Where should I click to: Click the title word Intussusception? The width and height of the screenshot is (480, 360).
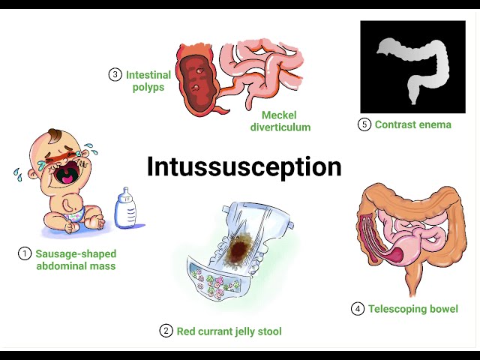pos(244,166)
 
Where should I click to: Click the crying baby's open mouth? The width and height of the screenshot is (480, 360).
pos(67,175)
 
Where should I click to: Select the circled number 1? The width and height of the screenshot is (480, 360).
pos(25,253)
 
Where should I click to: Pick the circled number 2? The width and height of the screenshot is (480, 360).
pos(166,331)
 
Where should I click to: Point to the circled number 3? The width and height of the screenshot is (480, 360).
pos(115,74)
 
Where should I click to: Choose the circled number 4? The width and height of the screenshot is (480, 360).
pos(357,309)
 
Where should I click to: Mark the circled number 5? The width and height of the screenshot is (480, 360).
pos(364,124)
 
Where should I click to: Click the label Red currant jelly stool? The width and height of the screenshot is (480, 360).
pos(229,331)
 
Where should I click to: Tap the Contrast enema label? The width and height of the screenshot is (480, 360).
pos(412,124)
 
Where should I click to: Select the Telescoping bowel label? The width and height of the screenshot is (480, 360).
pos(412,309)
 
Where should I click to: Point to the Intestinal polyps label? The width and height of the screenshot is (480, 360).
pos(148,81)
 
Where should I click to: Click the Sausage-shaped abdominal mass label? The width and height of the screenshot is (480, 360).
pos(76,259)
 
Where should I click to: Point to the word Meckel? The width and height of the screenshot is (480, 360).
pos(279,115)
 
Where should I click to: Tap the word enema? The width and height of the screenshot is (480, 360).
pos(434,124)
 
